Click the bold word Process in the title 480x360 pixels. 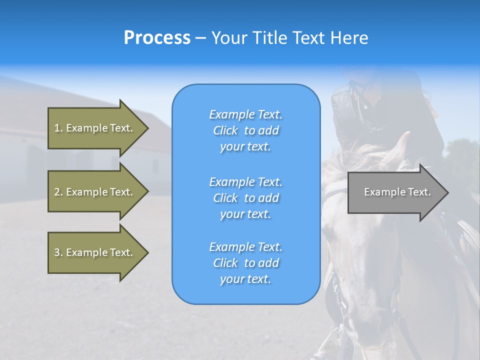point(157,38)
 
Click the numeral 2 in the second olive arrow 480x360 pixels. point(57,192)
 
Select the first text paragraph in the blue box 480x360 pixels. point(245,130)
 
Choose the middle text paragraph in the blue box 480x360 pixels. point(245,198)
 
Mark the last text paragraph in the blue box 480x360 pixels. point(245,263)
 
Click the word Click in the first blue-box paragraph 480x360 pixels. point(225,130)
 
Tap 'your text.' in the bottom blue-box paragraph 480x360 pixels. point(245,279)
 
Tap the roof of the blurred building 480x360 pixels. point(100,100)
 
